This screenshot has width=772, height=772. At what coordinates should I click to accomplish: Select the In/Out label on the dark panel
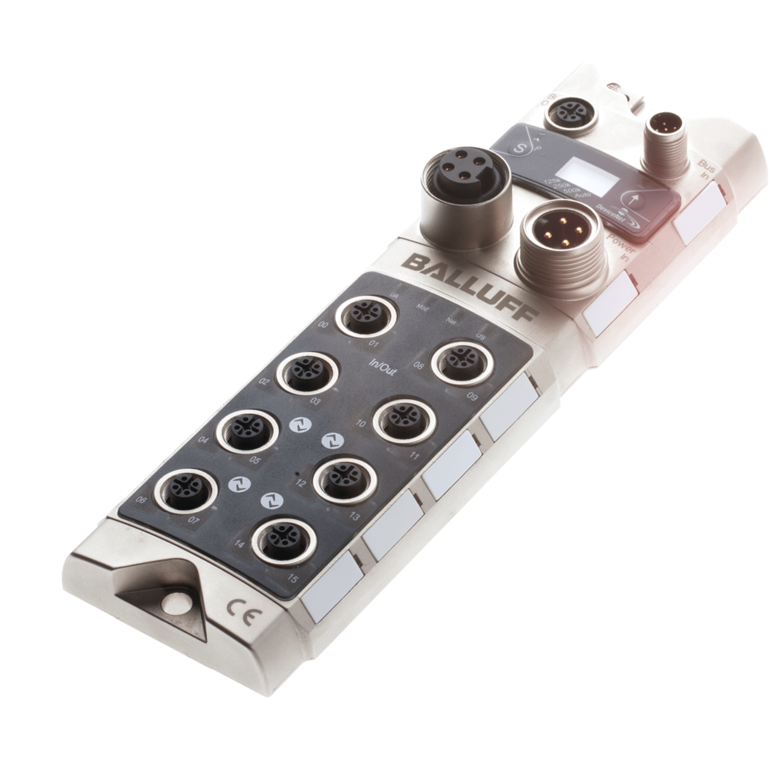coord(382,367)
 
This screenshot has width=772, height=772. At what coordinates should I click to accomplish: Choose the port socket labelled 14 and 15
coord(283,538)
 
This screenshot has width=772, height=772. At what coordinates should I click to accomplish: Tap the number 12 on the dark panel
coord(301,482)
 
